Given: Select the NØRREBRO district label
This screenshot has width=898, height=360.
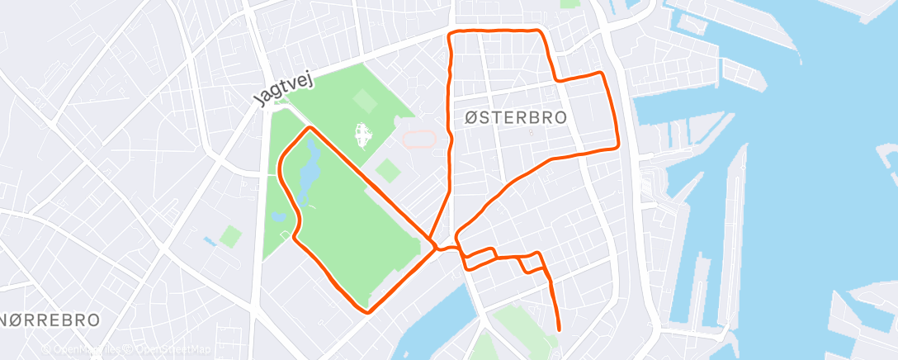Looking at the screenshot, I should [x=52, y=319].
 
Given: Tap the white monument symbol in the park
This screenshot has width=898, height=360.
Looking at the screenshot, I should [x=361, y=134].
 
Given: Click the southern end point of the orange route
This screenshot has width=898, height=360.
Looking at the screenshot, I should [x=559, y=329].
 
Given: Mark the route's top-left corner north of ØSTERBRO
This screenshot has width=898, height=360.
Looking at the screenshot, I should [x=450, y=34].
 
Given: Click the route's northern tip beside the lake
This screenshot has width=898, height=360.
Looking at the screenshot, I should [x=310, y=128].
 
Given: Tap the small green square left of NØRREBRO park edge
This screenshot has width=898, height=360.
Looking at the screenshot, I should [x=231, y=237].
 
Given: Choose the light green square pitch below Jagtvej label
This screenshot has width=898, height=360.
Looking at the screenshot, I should [x=362, y=102].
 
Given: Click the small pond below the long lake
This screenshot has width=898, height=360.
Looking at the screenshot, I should [x=278, y=217].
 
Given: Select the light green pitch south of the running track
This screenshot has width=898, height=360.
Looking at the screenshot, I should [x=388, y=171].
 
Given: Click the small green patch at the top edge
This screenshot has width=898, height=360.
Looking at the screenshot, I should [x=570, y=3].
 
